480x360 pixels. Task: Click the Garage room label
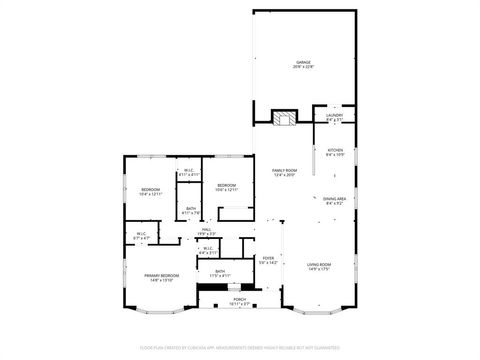click(x=304, y=63)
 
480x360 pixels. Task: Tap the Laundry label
click(x=335, y=116)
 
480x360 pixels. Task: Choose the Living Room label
click(x=319, y=264)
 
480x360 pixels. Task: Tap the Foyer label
click(x=268, y=258)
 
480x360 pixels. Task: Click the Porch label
click(x=240, y=299)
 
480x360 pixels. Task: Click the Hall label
click(x=206, y=231)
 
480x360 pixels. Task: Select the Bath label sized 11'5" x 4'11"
click(x=220, y=272)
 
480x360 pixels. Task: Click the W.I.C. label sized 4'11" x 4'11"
click(x=189, y=172)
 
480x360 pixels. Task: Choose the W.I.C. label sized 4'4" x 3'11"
click(x=208, y=250)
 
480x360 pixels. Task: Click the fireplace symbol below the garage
click(x=285, y=118)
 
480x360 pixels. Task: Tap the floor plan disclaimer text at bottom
click(x=240, y=349)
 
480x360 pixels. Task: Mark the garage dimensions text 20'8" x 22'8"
click(x=304, y=67)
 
